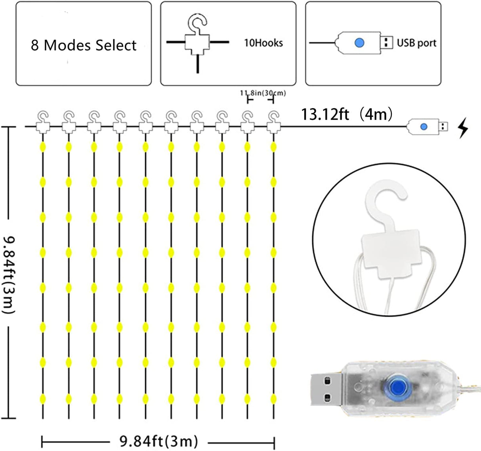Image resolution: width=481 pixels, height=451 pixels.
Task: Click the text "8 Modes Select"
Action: pos(84,45)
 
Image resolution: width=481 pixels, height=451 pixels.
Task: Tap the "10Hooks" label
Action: pos(263,43)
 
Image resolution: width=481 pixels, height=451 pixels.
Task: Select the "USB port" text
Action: pos(416,43)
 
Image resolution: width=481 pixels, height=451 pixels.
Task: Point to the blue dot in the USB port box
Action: pos(359,42)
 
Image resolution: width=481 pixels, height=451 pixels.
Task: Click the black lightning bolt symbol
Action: pos(462,129)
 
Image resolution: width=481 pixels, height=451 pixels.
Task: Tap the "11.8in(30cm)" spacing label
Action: pos(263,93)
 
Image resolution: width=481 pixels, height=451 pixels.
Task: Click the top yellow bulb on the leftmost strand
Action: pos(43,147)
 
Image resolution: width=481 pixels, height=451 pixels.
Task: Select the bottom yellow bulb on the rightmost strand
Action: pos(273,398)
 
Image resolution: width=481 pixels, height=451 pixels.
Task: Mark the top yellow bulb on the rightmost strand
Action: pos(273,147)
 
